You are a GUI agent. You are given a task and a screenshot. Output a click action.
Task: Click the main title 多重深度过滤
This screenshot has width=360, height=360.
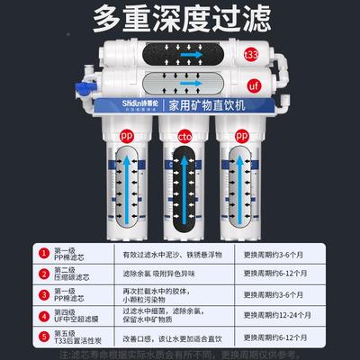point(179,20)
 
